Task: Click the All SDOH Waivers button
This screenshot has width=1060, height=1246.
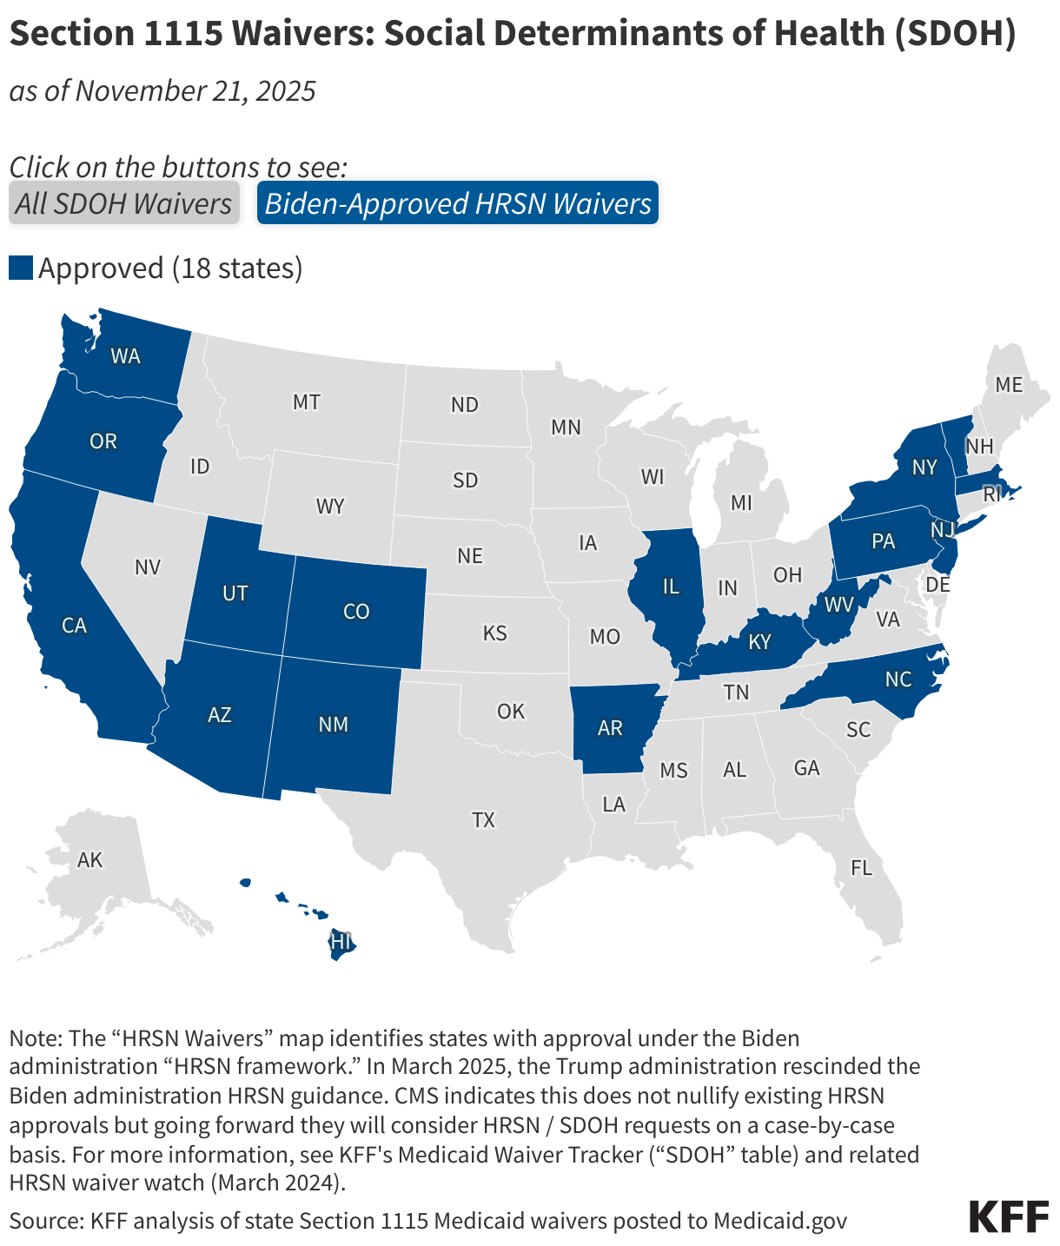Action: pyautogui.click(x=124, y=203)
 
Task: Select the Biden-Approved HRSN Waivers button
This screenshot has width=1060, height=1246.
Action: pyautogui.click(x=458, y=203)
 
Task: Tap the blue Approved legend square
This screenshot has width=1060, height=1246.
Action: pyautogui.click(x=20, y=268)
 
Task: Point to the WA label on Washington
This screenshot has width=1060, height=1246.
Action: pyautogui.click(x=125, y=356)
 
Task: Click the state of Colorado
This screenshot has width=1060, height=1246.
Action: pyautogui.click(x=356, y=612)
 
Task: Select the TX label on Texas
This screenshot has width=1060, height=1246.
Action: pyautogui.click(x=483, y=819)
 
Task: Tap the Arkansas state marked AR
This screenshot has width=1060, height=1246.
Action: pyautogui.click(x=610, y=728)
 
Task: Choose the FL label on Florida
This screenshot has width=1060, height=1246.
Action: pyautogui.click(x=861, y=867)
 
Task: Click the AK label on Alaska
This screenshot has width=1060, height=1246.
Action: pyautogui.click(x=89, y=860)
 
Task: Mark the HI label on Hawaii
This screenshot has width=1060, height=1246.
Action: pyautogui.click(x=341, y=942)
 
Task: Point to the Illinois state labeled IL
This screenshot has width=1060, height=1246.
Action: pyautogui.click(x=670, y=587)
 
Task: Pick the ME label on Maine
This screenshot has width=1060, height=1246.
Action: pyautogui.click(x=1009, y=384)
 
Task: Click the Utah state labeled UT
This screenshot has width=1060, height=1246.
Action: pyautogui.click(x=235, y=593)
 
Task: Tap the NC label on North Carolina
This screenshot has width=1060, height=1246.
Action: pyautogui.click(x=898, y=679)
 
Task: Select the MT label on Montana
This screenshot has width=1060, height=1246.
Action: pyautogui.click(x=306, y=402)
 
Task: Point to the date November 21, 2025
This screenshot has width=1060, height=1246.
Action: pyautogui.click(x=195, y=90)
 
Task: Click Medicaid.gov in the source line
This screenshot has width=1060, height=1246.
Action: pyautogui.click(x=779, y=1220)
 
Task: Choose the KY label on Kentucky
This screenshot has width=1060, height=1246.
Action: pyautogui.click(x=759, y=642)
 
